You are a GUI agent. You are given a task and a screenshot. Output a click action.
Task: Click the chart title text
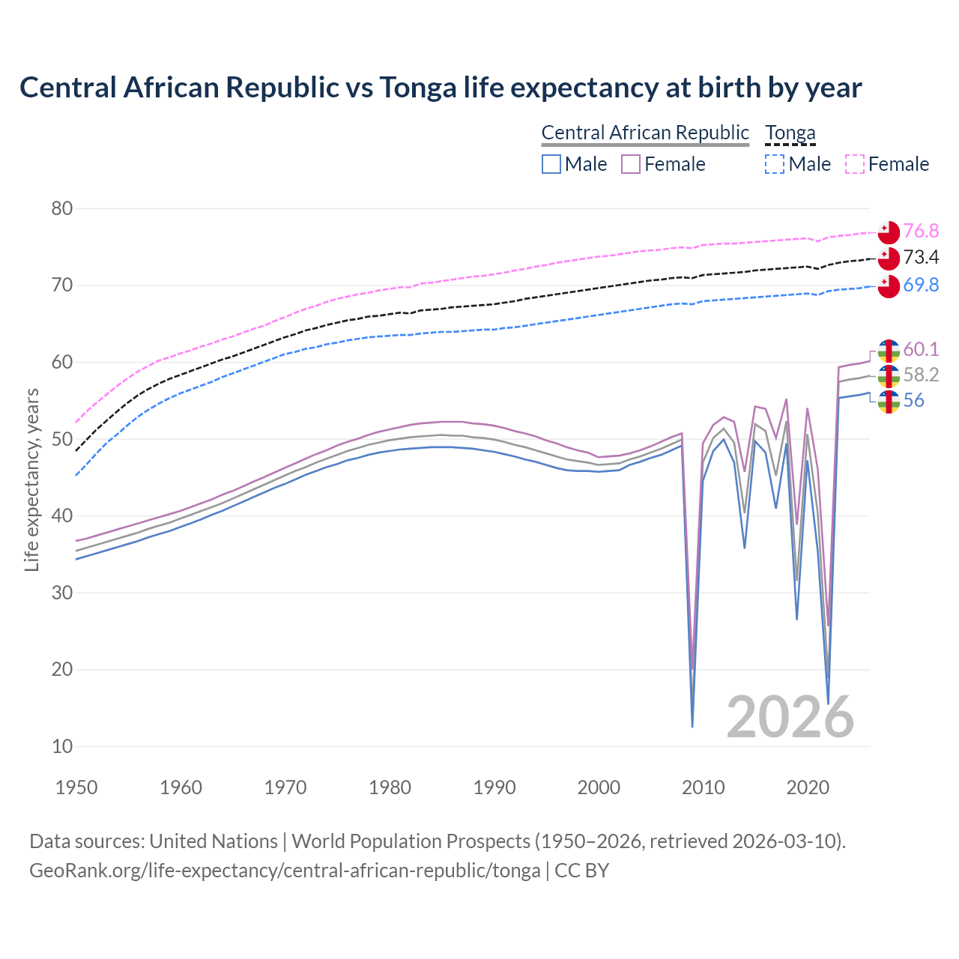point(441,88)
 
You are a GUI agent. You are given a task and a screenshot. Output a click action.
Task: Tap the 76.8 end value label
point(921,231)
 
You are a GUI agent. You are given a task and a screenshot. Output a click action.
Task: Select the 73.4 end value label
point(921,258)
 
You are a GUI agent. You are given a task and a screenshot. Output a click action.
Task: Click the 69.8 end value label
point(921,285)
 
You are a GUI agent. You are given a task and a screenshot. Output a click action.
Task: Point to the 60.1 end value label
point(921,349)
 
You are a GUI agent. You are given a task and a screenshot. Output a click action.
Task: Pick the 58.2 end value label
point(921,375)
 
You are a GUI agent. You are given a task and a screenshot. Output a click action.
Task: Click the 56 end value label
point(913,401)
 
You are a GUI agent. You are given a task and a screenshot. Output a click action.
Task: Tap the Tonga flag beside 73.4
point(889,258)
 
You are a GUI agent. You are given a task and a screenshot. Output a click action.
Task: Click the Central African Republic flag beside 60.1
point(889,351)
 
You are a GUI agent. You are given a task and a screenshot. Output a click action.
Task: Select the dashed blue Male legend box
point(775,164)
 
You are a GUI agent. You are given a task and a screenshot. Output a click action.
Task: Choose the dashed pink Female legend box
point(855,164)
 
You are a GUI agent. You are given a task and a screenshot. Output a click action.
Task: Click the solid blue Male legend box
point(551,164)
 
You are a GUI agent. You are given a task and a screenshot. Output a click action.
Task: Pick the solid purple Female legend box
point(631,164)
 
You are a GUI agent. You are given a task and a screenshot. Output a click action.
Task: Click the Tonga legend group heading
point(790,133)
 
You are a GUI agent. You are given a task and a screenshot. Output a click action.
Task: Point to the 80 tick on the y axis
point(62,209)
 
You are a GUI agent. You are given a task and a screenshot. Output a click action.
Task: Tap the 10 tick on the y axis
point(62,746)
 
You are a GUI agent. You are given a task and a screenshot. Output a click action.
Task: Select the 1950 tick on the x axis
point(76,787)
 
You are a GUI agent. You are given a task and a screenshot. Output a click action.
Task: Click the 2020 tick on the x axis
point(808,787)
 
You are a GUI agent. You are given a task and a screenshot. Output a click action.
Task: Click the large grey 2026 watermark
point(790,717)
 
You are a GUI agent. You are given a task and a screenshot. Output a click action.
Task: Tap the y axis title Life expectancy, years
point(31,479)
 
